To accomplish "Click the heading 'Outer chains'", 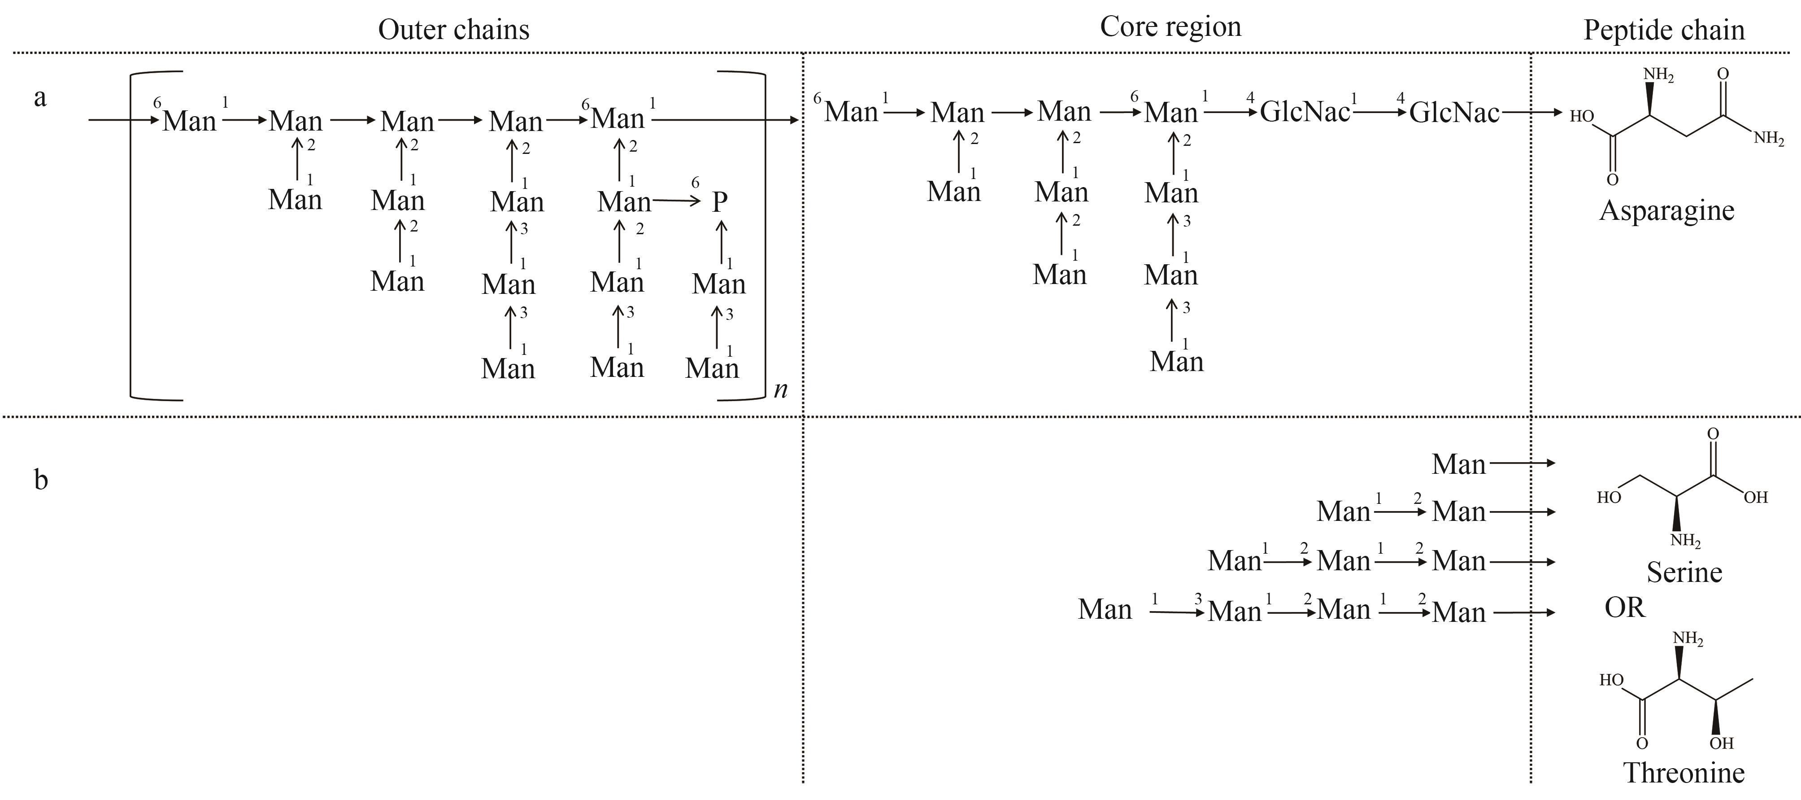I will coord(454,29).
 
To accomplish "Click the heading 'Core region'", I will coord(1170,26).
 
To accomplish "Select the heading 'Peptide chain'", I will coord(1664,29).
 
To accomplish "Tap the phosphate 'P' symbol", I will coord(719,202).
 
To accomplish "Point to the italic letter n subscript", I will coord(781,389).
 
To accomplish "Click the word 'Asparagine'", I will coord(1667,210).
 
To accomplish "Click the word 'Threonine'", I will coord(1683,773).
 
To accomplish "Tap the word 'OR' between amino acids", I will coord(1625,607).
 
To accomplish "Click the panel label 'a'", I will coord(40,98).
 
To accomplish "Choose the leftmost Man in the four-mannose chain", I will coord(1105,609).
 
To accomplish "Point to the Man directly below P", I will coord(719,284).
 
